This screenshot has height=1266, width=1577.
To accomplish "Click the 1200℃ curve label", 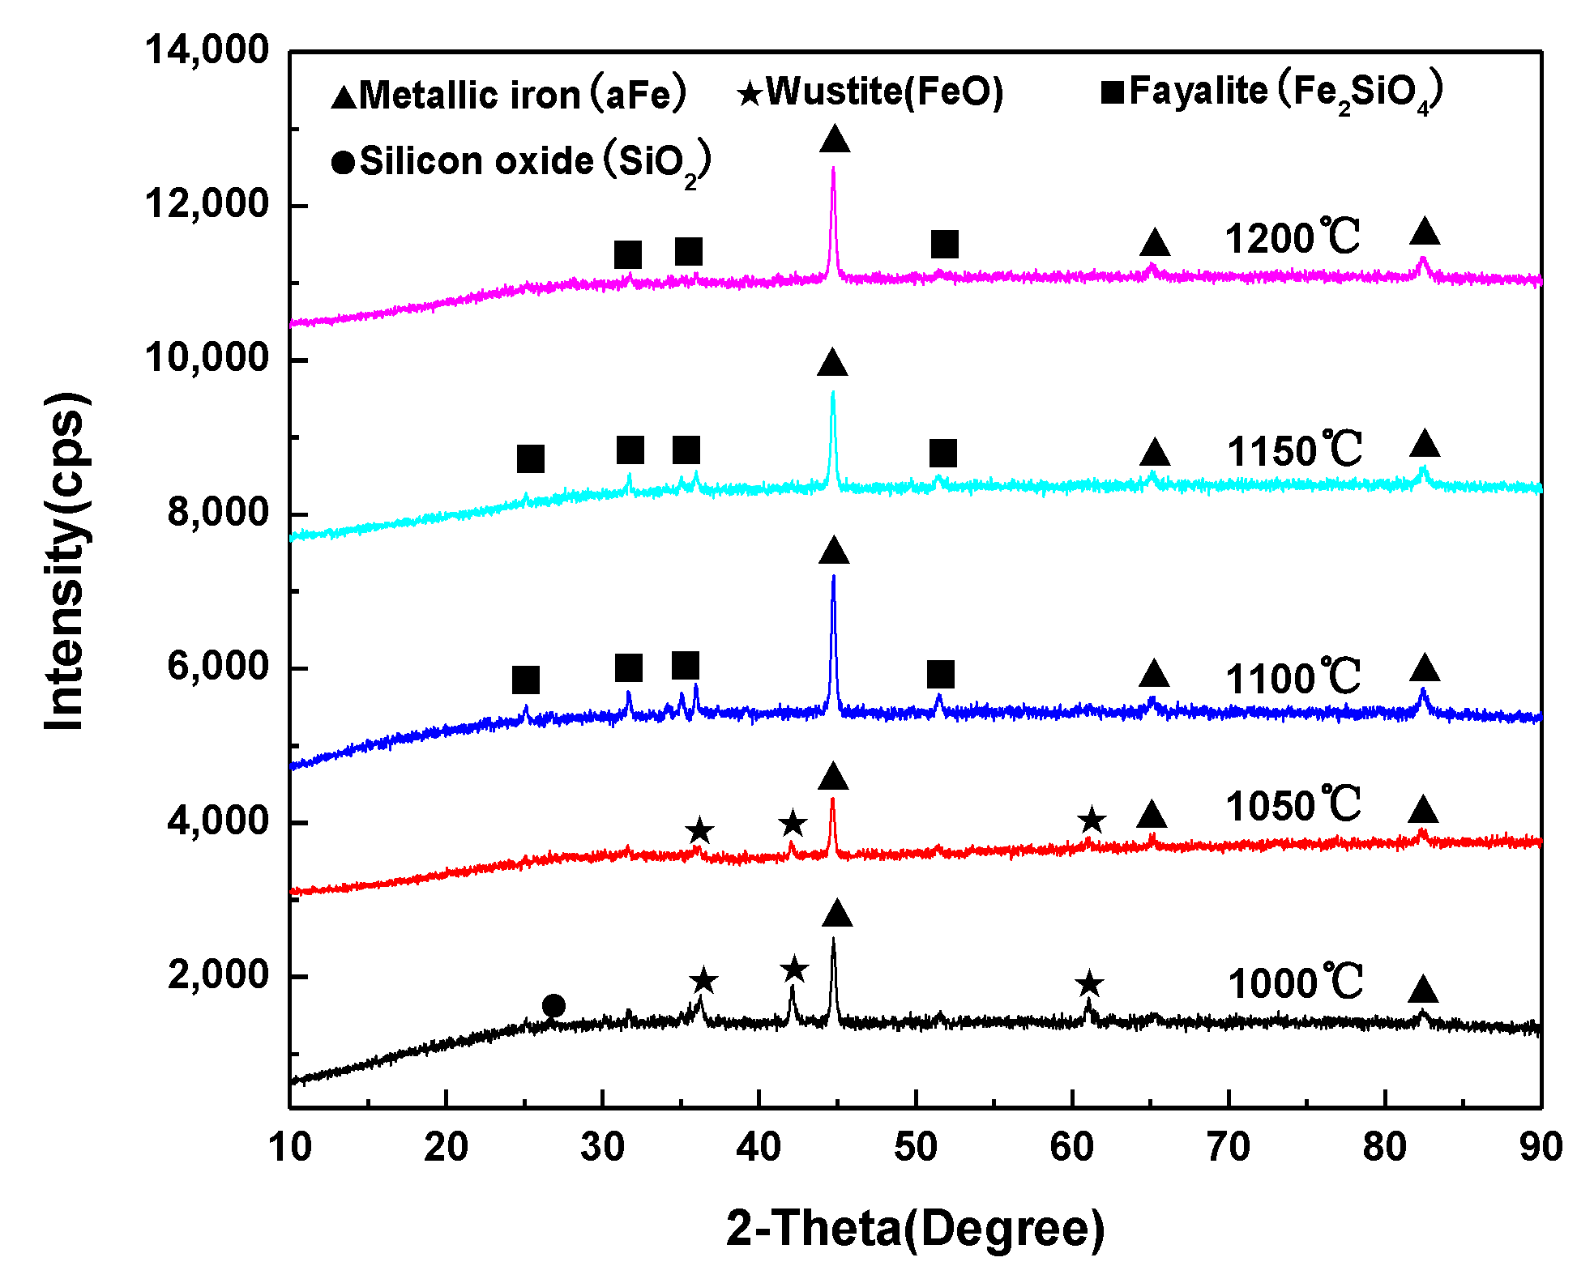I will (1292, 238).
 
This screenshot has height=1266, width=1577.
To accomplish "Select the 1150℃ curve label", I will (1293, 450).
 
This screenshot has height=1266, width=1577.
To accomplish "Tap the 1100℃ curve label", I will (1293, 678).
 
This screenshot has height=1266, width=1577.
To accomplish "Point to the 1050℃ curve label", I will (1293, 806).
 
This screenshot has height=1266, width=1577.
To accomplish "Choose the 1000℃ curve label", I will (1294, 983).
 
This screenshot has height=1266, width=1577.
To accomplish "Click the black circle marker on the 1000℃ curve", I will (553, 1006).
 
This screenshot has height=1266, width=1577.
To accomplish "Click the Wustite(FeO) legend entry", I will (871, 92).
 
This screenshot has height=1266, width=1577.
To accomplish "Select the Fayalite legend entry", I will (1272, 93).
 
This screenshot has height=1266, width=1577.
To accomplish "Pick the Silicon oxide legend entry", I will (522, 162).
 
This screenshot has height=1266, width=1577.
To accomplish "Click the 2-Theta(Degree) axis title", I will (915, 1228).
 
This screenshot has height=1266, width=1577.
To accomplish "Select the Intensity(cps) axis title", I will (65, 561).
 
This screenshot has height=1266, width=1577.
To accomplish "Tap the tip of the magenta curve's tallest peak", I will (833, 168).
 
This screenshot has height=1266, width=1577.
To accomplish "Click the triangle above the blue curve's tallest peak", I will (834, 552).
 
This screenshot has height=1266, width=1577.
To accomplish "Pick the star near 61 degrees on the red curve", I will (1092, 821).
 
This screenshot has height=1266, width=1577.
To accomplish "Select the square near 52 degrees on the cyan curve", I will (943, 454).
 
